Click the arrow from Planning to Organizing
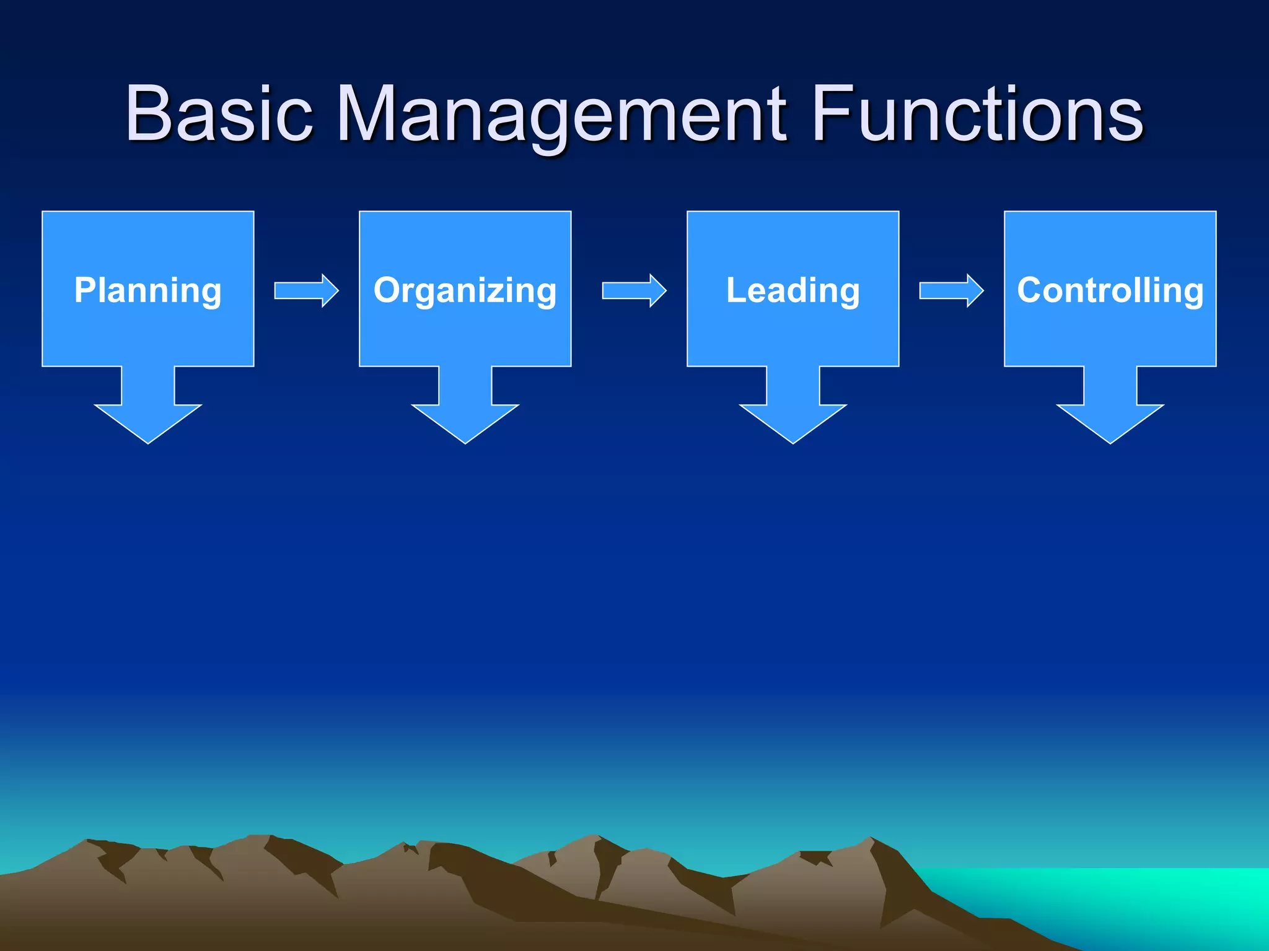[307, 290]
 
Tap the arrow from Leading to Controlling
[951, 290]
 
